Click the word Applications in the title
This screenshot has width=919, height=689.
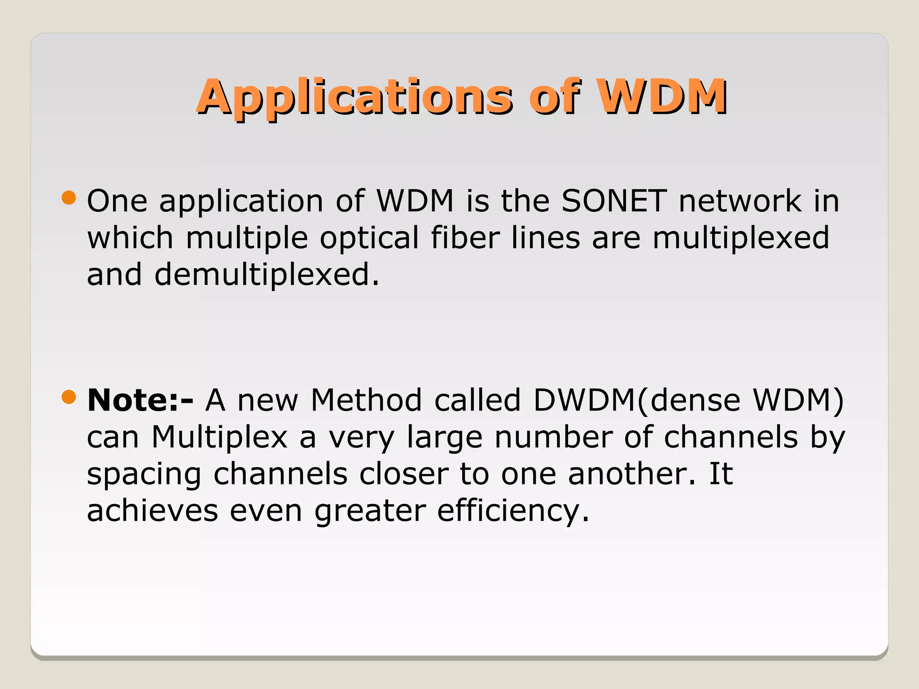[x=354, y=97]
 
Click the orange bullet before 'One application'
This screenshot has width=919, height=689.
[x=69, y=198]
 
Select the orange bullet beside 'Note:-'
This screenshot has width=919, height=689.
[x=69, y=397]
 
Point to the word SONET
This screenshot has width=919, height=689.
[x=614, y=201]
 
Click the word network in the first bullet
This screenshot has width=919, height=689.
[x=740, y=201]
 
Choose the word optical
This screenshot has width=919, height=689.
[x=369, y=238]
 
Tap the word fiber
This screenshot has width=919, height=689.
[x=465, y=238]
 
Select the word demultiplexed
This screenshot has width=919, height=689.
[x=267, y=275]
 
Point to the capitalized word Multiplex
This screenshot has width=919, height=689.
[x=219, y=437]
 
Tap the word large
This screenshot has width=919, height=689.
[x=445, y=438]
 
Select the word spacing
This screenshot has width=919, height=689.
[x=144, y=475]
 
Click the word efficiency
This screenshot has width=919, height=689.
[x=513, y=511]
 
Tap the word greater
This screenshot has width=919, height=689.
[x=370, y=511]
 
